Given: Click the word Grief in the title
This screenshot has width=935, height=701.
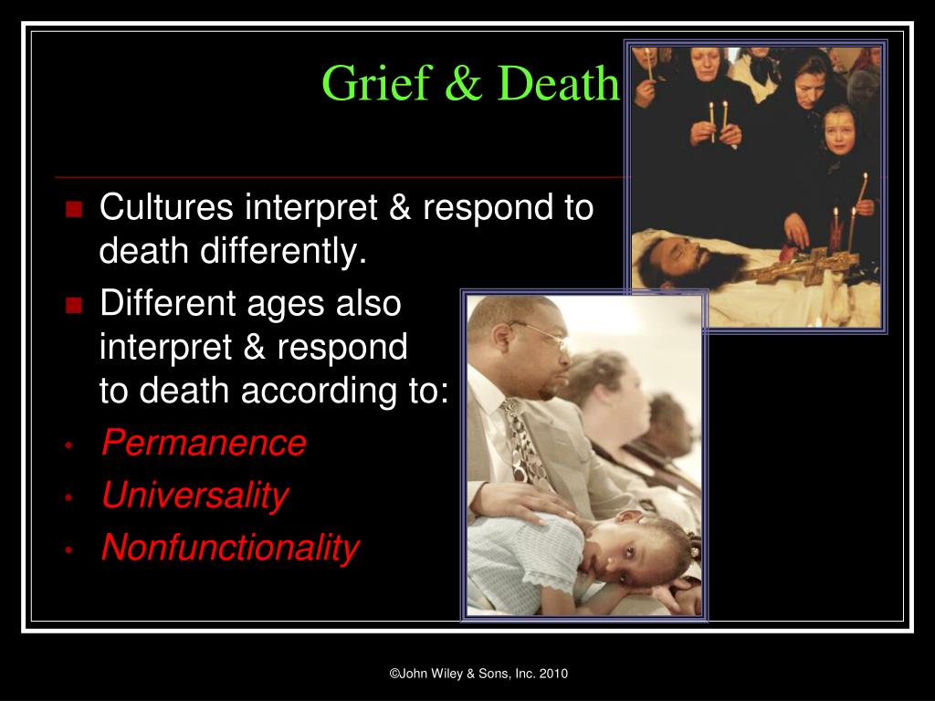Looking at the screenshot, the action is click(376, 82).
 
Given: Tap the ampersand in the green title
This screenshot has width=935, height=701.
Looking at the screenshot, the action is click(463, 83).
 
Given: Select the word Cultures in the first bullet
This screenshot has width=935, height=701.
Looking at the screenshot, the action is click(166, 207).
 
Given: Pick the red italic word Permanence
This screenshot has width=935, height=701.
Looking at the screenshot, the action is click(204, 443).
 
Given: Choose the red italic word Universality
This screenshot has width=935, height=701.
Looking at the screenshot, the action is click(195, 496).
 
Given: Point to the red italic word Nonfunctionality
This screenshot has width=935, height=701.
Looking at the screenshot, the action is click(230, 548).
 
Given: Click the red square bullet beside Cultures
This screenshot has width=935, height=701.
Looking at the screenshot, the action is click(74, 209).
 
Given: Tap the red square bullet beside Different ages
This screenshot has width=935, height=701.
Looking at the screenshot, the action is click(74, 305).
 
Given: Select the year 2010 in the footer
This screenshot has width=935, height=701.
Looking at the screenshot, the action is click(553, 674).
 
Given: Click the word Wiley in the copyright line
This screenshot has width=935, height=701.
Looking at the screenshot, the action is click(447, 674).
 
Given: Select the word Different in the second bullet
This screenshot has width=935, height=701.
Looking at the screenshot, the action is click(168, 303).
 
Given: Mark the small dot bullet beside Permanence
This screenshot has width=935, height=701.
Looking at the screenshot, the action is click(69, 445).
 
